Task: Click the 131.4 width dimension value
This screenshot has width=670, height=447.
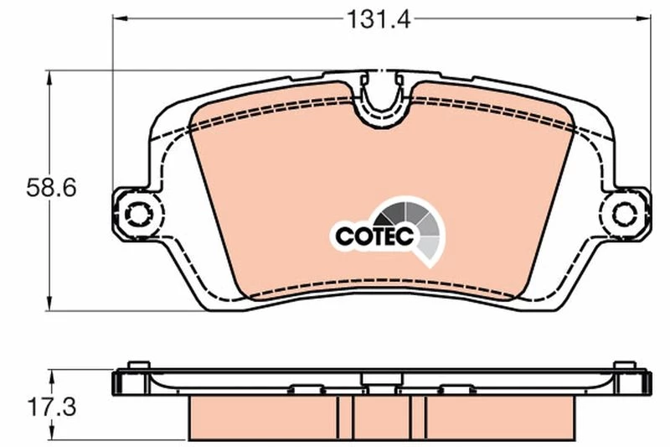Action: [379, 19]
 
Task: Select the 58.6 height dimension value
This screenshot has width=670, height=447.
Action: [51, 187]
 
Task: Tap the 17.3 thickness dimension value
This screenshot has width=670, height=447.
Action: [52, 407]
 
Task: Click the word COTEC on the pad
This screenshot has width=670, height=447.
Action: [374, 236]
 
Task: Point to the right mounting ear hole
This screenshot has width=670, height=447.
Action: [625, 214]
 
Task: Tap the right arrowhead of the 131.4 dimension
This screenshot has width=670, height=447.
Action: [643, 18]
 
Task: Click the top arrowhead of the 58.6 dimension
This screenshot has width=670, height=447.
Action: [49, 78]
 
